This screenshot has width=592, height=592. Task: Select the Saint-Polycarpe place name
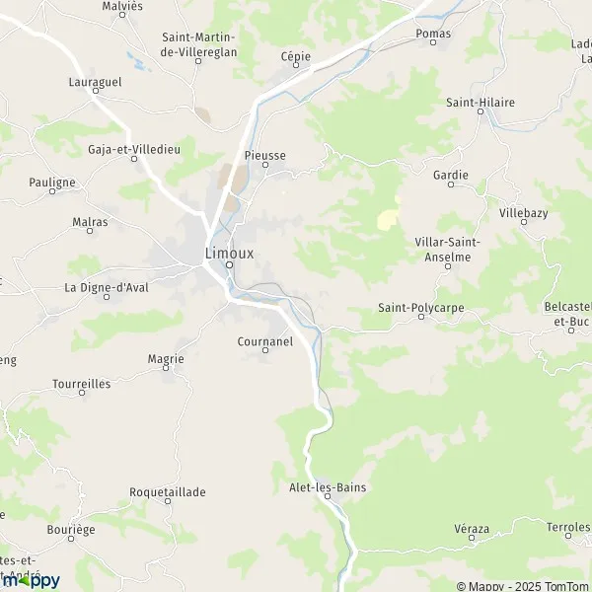[x=420, y=308]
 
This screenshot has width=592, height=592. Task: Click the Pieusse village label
[x=264, y=156]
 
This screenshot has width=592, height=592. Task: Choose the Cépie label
[x=295, y=57]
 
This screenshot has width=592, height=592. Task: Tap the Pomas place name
[x=433, y=34]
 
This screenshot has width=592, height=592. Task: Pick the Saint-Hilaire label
[x=481, y=102]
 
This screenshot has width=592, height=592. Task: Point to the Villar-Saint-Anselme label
[x=447, y=249]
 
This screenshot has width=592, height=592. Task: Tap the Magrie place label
[x=166, y=359]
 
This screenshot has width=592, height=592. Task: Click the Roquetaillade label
[x=168, y=491]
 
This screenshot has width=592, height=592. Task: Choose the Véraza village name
[x=472, y=529]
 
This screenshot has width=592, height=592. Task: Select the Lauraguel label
[x=96, y=83]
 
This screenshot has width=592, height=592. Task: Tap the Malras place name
[x=90, y=222]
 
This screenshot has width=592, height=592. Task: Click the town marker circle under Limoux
[x=228, y=264]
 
